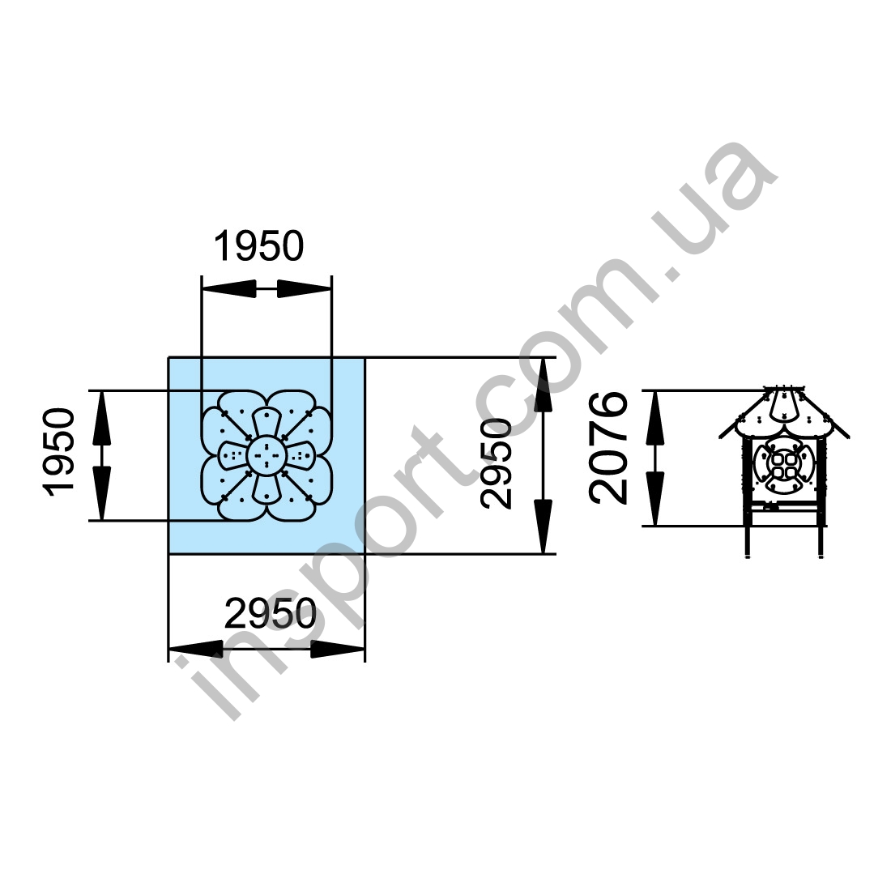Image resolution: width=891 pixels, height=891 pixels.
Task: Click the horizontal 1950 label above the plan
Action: click(x=258, y=246)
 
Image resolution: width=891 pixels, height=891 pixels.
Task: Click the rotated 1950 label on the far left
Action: click(x=59, y=452)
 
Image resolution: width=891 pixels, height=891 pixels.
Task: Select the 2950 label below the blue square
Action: click(x=271, y=613)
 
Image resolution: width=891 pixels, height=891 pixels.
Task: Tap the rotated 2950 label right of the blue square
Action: click(x=496, y=463)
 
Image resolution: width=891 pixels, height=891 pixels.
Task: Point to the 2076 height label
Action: click(x=608, y=448)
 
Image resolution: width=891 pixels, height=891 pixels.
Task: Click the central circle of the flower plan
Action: click(x=266, y=454)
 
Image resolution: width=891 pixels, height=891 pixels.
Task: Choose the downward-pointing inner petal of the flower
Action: click(x=266, y=487)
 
